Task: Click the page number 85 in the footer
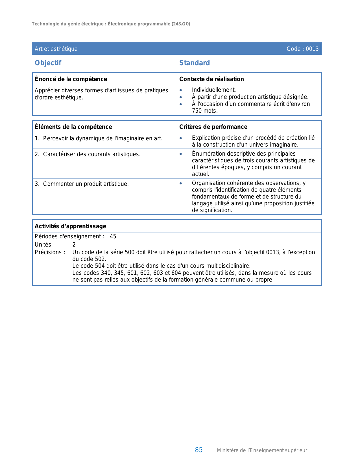tap(199, 450)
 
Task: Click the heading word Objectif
tap(48, 63)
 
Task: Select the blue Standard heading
tap(195, 63)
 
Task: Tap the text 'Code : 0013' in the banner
tap(302, 49)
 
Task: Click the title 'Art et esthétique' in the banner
tap(56, 49)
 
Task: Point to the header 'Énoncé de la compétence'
tap(71, 79)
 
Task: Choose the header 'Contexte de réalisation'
tap(211, 79)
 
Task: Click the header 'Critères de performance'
tap(213, 127)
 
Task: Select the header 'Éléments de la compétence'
tap(73, 127)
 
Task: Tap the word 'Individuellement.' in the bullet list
tap(214, 90)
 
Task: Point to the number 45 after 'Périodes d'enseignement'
tap(113, 236)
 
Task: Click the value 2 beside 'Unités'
tap(74, 245)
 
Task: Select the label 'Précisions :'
tap(50, 252)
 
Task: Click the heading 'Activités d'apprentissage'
tap(71, 226)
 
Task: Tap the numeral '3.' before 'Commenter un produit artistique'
tap(37, 184)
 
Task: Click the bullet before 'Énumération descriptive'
tap(181, 154)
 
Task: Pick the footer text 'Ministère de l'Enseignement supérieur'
tap(262, 450)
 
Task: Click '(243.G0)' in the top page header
tap(181, 24)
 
